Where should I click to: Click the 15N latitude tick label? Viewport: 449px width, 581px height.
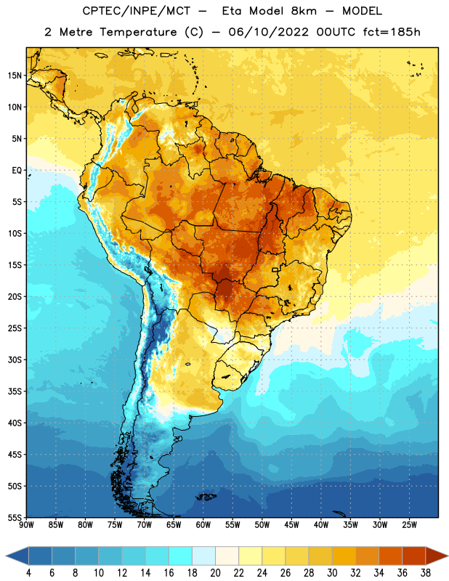tap(15, 76)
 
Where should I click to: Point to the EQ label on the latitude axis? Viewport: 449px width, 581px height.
tap(17, 171)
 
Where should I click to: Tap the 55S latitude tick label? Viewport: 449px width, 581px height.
tap(15, 518)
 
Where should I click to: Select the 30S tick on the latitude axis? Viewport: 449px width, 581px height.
tap(15, 359)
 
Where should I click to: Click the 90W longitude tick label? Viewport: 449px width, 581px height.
tap(27, 525)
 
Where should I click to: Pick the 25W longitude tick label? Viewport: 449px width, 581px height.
tap(409, 525)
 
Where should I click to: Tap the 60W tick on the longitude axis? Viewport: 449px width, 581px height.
tap(203, 525)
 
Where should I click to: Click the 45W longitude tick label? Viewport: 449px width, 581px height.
tap(291, 525)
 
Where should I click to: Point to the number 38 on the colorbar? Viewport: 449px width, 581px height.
tap(426, 573)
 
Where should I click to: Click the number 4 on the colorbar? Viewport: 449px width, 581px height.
tap(28, 573)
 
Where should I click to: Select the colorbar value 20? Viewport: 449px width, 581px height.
tap(215, 573)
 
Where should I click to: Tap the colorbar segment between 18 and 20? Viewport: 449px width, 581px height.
tap(204, 556)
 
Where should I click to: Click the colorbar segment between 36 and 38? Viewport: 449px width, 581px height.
tap(414, 556)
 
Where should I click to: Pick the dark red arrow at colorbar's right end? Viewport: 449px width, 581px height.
tap(436, 556)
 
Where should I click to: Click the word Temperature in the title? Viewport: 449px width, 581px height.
tap(138, 32)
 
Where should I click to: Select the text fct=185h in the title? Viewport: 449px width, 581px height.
tap(392, 32)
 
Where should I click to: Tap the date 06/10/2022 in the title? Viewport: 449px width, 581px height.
tap(268, 32)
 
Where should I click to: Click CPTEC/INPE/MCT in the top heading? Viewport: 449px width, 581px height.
tap(136, 11)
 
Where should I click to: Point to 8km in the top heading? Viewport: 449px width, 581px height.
tap(304, 11)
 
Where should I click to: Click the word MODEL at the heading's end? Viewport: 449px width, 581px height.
tap(362, 11)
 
